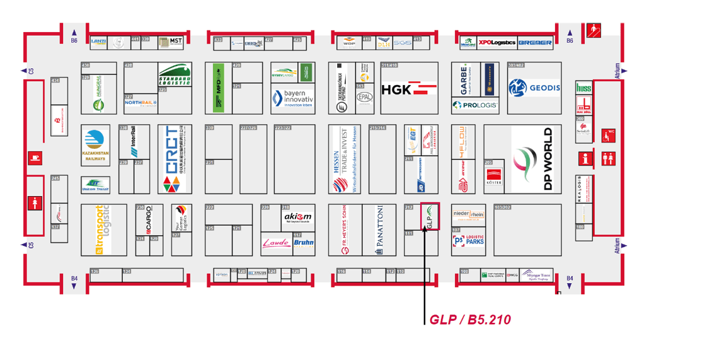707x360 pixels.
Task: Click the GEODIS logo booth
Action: (x=534, y=88)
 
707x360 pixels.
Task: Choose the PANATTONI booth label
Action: (x=379, y=230)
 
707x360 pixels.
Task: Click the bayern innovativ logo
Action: (x=292, y=98)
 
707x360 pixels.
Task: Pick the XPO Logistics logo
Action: (x=497, y=43)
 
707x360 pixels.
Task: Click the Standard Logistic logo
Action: (x=175, y=76)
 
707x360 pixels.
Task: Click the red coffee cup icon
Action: (x=34, y=158)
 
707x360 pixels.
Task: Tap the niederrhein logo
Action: (x=468, y=214)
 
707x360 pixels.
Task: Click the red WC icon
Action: (x=608, y=134)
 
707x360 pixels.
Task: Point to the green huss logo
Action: (x=583, y=89)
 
